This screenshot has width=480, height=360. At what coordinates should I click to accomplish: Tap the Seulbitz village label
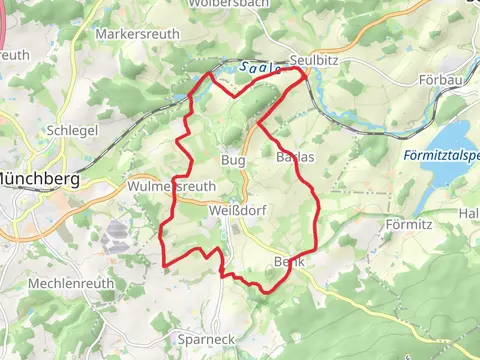pos(310,59)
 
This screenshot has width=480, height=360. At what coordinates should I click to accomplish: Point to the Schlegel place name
pos(70,131)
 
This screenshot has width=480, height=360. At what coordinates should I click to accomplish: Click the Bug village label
pos(232,159)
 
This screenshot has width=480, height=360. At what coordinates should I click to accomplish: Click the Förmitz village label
pos(408,224)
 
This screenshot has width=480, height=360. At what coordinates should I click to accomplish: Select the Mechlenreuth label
pos(67,283)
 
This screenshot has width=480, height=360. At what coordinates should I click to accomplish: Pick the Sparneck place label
pos(203,340)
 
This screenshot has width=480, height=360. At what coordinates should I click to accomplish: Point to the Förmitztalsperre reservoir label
pos(443,156)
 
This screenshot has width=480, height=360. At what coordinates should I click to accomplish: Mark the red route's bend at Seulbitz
pos(303,70)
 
